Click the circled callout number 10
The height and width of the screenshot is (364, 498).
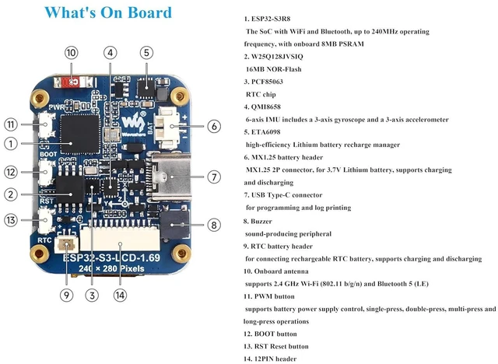coord(71,53)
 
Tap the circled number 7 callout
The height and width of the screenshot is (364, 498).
coord(214,177)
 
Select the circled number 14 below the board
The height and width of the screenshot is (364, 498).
coord(120,295)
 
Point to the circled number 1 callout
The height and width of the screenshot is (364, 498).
coord(11,144)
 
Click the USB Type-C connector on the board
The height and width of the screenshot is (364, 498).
coord(170,177)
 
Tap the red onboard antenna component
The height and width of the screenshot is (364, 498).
coord(74,82)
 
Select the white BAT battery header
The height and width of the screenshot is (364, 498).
coord(167,128)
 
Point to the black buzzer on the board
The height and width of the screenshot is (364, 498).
coord(174,225)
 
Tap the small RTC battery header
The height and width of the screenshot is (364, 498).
coord(66,245)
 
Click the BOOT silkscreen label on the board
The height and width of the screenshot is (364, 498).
coord(48,154)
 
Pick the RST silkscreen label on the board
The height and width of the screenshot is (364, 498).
coord(47,201)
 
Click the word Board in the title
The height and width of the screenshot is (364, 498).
coord(149,12)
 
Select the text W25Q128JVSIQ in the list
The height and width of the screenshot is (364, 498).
coord(277,57)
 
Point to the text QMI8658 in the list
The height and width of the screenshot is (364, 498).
coord(266,107)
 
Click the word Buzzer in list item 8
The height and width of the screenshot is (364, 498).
coord(261,221)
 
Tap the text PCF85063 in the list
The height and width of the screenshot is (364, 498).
coord(267,82)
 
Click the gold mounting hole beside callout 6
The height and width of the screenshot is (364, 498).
coord(180,96)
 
